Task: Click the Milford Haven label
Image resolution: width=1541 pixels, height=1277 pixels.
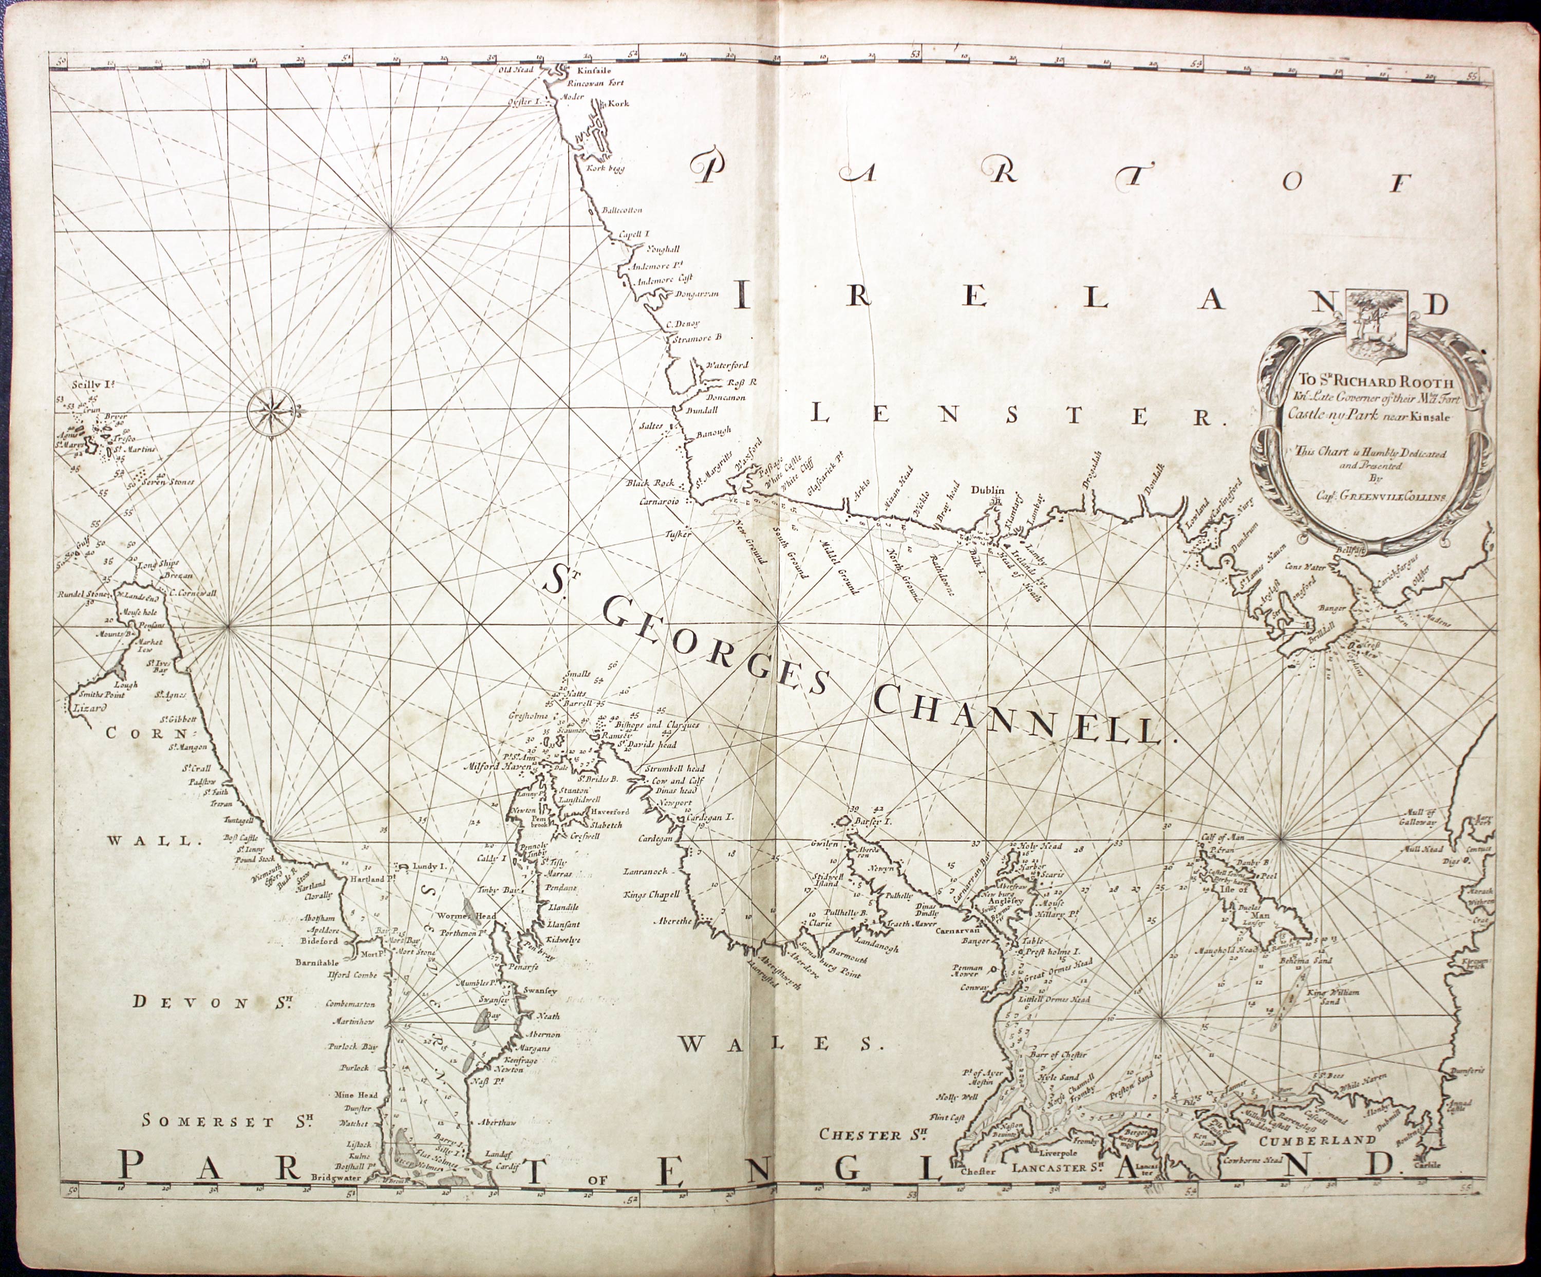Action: click(499, 768)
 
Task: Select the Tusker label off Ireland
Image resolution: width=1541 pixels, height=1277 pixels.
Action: click(678, 536)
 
